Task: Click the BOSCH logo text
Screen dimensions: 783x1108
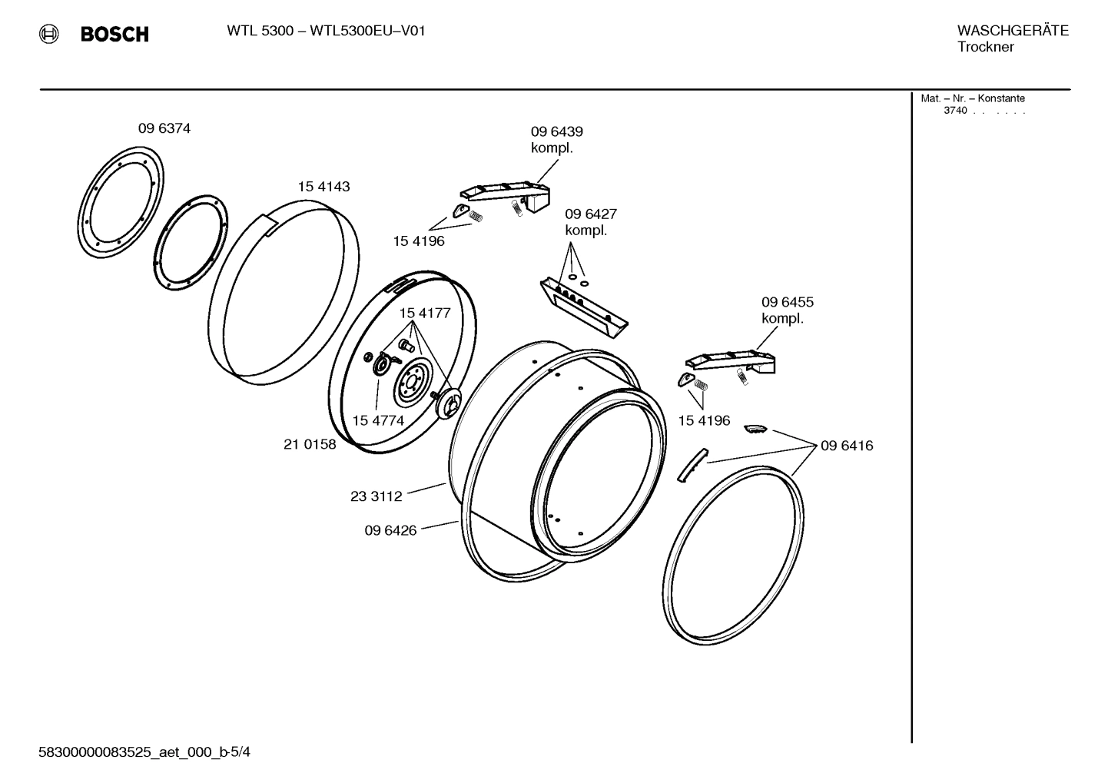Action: pyautogui.click(x=114, y=34)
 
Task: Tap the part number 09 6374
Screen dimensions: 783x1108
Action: pyautogui.click(x=164, y=129)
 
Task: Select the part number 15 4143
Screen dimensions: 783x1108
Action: pyautogui.click(x=323, y=187)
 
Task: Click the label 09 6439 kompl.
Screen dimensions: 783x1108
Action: pyautogui.click(x=556, y=140)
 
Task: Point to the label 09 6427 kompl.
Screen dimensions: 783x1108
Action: pyautogui.click(x=590, y=222)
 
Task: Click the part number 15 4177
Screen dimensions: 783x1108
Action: pyautogui.click(x=424, y=314)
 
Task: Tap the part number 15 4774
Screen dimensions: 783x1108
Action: pyautogui.click(x=378, y=421)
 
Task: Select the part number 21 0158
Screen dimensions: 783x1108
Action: pyautogui.click(x=310, y=444)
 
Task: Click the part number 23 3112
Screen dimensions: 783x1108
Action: pyautogui.click(x=376, y=496)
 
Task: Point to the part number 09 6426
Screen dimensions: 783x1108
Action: pyautogui.click(x=390, y=530)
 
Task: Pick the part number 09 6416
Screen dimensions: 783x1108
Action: pyautogui.click(x=846, y=446)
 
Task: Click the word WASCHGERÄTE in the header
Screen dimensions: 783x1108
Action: pyautogui.click(x=1012, y=31)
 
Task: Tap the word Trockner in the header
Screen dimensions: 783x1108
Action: pyautogui.click(x=985, y=47)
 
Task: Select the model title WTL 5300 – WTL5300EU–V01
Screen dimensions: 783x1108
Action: pyautogui.click(x=326, y=31)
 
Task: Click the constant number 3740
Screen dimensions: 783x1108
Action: pyautogui.click(x=955, y=111)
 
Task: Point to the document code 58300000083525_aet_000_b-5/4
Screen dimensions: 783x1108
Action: pyautogui.click(x=144, y=752)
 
